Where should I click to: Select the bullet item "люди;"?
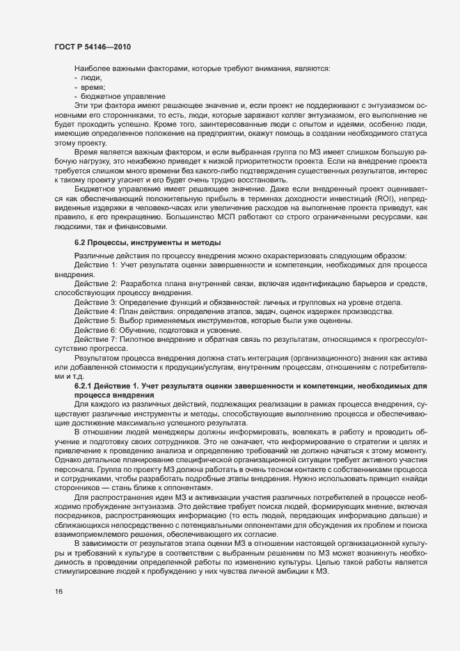point(91,79)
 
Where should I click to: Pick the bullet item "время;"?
point(94,87)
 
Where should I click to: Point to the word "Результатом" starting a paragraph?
point(97,359)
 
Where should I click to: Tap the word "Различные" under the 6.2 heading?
point(95,254)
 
